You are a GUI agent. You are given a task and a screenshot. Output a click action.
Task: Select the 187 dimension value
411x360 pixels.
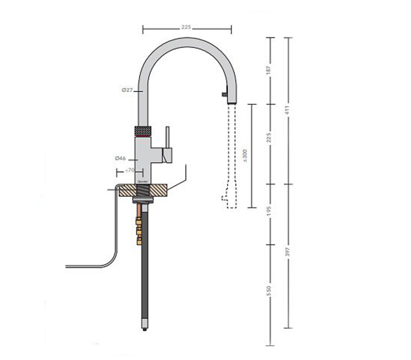[269, 70]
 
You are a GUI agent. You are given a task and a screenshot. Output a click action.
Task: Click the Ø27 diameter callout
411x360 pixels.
[127, 91]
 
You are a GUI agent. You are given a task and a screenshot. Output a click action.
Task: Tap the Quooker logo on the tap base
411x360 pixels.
[142, 181]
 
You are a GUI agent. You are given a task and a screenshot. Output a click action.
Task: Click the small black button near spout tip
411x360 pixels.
[223, 94]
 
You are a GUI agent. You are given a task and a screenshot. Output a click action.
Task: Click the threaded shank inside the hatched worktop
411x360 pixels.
[142, 190]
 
